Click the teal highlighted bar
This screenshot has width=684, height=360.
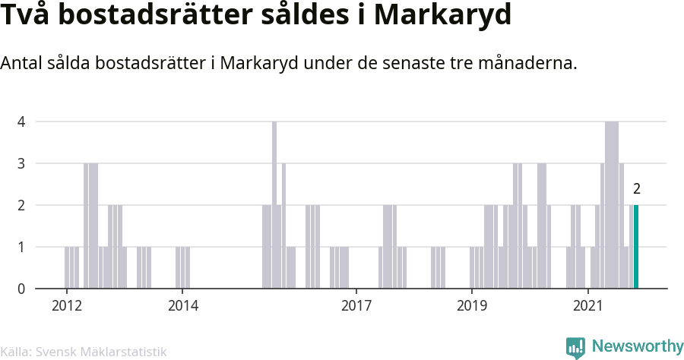636,247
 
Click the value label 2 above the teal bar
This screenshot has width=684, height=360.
637,189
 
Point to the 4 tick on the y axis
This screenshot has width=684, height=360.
21,122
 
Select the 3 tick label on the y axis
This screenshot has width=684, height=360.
21,163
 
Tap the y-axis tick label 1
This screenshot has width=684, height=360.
21,247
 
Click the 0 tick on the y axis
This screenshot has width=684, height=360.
21,289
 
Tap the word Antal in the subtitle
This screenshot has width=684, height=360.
23,64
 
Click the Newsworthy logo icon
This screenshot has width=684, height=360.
575,348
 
